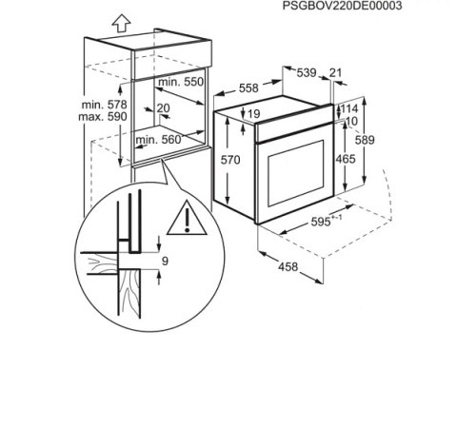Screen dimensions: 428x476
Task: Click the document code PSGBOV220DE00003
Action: [343, 6]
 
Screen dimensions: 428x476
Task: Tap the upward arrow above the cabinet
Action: [92, 20]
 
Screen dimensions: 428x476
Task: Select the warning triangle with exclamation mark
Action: [188, 221]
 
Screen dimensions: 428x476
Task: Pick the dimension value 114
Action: [349, 108]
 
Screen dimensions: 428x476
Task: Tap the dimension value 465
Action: [346, 158]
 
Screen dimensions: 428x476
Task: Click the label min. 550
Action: [180, 82]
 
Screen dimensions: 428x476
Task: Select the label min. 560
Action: [158, 140]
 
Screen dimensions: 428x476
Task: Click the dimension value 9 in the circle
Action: [165, 260]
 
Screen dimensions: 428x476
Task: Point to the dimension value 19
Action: [252, 114]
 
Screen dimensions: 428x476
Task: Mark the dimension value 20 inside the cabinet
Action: [163, 107]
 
